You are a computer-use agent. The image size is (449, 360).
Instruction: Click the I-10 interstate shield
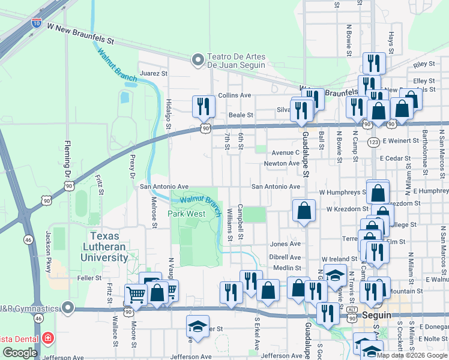(37, 23)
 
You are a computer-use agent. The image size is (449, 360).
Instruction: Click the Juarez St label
(153, 73)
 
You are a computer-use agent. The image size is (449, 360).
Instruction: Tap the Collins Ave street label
(234, 95)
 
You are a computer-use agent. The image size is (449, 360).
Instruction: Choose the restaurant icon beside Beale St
(203, 106)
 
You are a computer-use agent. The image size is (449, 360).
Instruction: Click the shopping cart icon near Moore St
(136, 295)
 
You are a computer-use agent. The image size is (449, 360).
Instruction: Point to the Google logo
(20, 353)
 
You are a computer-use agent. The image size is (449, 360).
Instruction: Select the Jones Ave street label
(285, 244)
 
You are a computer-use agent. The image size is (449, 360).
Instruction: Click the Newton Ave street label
(282, 163)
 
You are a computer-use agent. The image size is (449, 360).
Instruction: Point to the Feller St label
(89, 278)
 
